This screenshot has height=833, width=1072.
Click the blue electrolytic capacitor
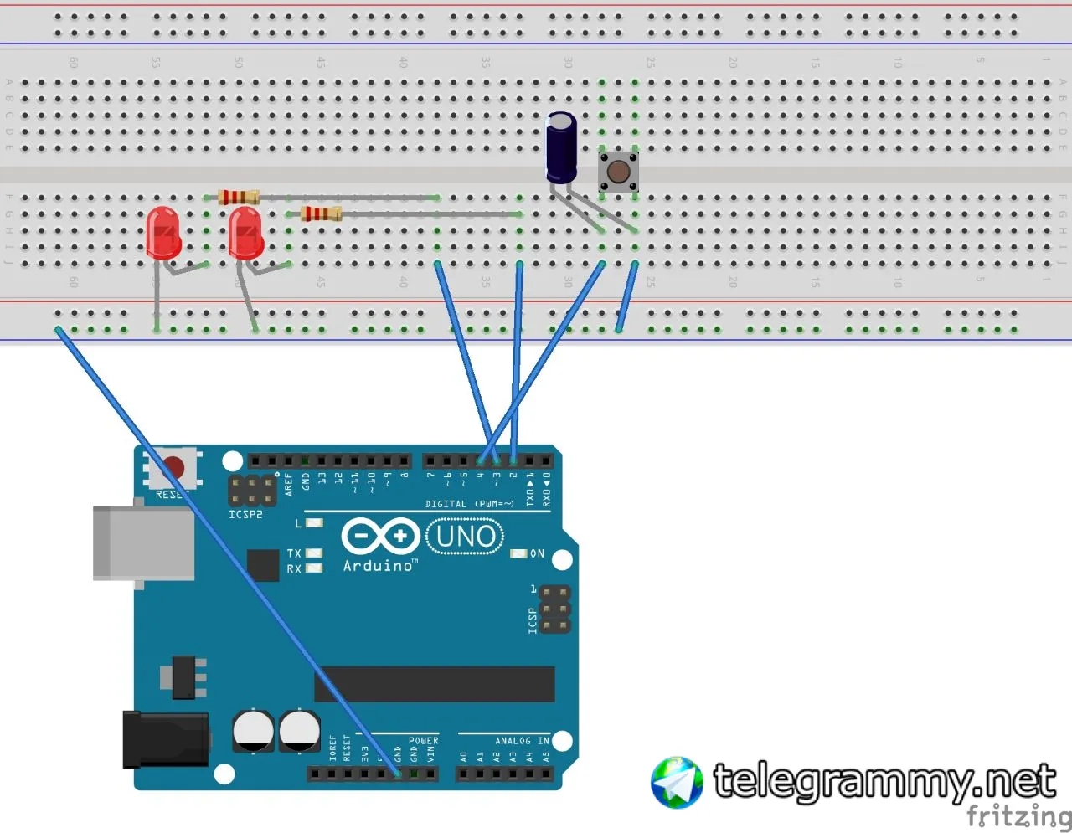pos(561,148)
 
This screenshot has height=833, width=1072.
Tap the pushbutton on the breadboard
pos(618,172)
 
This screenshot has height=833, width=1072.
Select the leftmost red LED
pos(162,233)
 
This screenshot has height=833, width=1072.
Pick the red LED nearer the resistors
pos(245,233)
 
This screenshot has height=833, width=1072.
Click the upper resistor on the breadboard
pos(239,198)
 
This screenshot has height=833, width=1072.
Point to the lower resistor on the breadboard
pos(322,213)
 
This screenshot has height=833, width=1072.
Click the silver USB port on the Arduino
pos(143,542)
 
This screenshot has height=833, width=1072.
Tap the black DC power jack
pos(166,738)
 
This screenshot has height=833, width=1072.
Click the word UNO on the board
pos(466,537)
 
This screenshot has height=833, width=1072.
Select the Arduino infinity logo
pos(380,537)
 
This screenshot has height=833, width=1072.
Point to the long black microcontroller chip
pos(434,684)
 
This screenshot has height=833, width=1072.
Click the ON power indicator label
pos(537,554)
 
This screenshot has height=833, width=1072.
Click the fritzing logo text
pos(1018,815)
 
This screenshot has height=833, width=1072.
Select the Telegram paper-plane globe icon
pos(677,783)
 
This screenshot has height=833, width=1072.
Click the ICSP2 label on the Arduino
pos(245,514)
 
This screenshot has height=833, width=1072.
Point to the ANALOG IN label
pos(521,741)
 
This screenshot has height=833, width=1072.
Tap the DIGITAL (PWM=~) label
pos(469,504)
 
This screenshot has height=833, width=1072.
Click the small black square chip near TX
pos(263,565)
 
